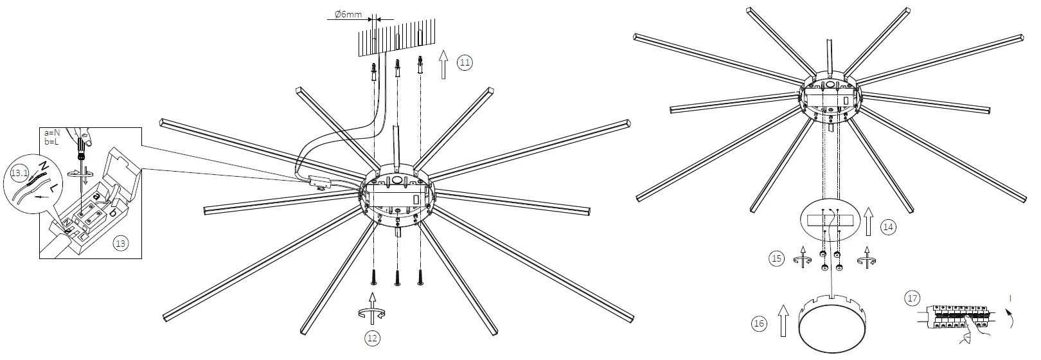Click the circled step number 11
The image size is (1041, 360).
pyautogui.click(x=465, y=62)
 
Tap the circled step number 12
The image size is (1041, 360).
pyautogui.click(x=373, y=337)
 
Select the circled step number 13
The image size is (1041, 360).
pyautogui.click(x=120, y=242)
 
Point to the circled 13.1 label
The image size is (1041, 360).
pyautogui.click(x=21, y=172)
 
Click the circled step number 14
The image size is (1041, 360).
pyautogui.click(x=888, y=226)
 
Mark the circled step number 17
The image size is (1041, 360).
pyautogui.click(x=911, y=298)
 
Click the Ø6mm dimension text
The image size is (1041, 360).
pyautogui.click(x=348, y=14)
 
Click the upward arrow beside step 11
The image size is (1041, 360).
pyautogui.click(x=443, y=62)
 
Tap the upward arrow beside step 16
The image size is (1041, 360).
pyautogui.click(x=783, y=321)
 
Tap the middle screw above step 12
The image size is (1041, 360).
pyautogui.click(x=397, y=277)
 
